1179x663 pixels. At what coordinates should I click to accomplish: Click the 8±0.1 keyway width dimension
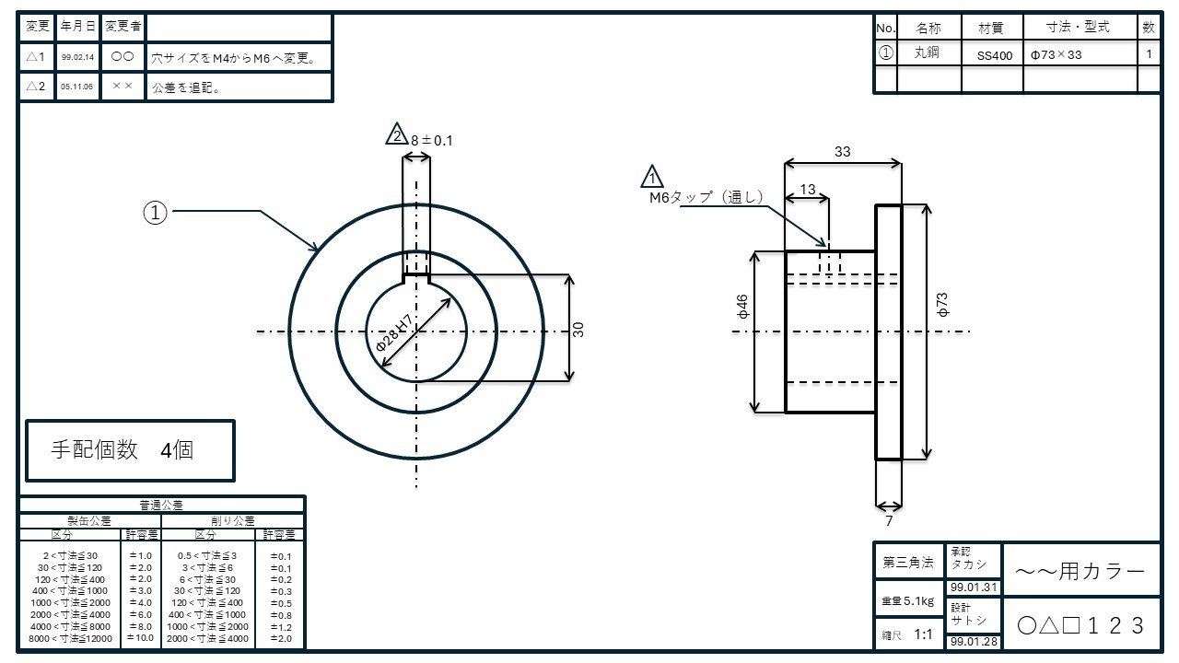click(x=432, y=141)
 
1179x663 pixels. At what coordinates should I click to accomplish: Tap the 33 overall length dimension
click(x=842, y=152)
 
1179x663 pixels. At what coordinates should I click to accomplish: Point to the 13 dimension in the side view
click(x=808, y=190)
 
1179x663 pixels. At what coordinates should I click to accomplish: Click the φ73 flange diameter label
click(x=941, y=306)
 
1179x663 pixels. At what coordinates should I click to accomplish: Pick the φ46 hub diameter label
click(x=742, y=307)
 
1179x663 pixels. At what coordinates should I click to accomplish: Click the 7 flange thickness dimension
click(x=888, y=521)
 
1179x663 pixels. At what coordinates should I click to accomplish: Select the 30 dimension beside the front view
click(x=578, y=329)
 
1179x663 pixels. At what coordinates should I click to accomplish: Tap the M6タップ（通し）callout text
click(x=706, y=197)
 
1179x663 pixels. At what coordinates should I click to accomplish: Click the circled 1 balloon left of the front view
click(x=156, y=213)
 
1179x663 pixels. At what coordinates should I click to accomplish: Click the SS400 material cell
click(x=994, y=55)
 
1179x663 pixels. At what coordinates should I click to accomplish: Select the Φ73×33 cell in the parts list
click(x=1056, y=54)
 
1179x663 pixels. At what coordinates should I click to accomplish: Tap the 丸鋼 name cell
click(x=927, y=53)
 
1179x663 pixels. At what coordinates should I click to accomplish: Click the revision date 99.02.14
click(x=76, y=57)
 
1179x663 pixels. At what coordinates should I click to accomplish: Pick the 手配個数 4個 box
click(x=130, y=450)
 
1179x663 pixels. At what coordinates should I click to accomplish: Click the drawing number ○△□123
click(x=1081, y=625)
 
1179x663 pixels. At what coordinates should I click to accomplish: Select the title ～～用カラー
click(x=1080, y=572)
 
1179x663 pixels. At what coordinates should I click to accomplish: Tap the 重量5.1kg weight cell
click(x=908, y=600)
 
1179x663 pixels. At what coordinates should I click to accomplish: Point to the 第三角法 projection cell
click(x=908, y=562)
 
